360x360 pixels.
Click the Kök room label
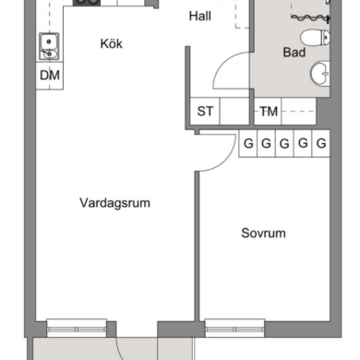[x=112, y=43]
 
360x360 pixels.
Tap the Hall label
[x=200, y=16]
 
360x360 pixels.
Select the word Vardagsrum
[x=114, y=203]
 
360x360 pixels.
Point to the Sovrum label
[x=263, y=234]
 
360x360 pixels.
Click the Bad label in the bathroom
[x=294, y=53]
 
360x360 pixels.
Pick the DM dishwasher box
[x=50, y=76]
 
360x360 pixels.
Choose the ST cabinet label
[x=205, y=111]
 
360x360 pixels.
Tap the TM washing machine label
[x=269, y=112]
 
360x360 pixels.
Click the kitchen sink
[x=49, y=46]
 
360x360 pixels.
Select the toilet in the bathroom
[x=315, y=38]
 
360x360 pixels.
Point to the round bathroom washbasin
[x=320, y=73]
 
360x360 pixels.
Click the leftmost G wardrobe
[x=248, y=144]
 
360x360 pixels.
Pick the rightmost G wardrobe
[x=321, y=144]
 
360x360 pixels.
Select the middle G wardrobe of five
[x=284, y=144]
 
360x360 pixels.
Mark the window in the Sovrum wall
[x=234, y=329]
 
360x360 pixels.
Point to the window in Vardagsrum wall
[x=77, y=329]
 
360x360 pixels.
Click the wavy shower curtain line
[x=310, y=18]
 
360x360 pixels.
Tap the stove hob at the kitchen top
[x=87, y=3]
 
